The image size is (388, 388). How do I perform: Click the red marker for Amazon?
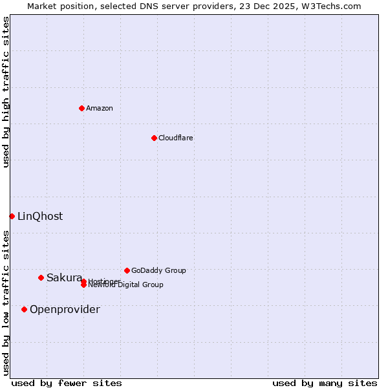pos(81,108)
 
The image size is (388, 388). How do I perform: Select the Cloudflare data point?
pos(154,138)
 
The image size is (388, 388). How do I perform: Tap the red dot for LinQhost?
pos(12,216)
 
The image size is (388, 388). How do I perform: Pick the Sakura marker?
pos(41,277)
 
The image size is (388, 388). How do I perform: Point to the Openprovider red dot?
pos(24,309)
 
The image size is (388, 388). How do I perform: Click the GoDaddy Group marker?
pos(127,270)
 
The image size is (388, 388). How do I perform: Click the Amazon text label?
pos(100,108)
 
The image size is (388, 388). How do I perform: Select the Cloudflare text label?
pos(175,138)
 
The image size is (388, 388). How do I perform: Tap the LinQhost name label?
pos(40,216)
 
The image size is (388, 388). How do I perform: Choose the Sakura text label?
pos(64,277)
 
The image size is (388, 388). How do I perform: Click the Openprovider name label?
pos(65,309)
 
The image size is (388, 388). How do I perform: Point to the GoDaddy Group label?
pos(158,270)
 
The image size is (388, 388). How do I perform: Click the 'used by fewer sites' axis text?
pos(67,383)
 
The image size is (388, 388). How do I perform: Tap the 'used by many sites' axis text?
pos(325,383)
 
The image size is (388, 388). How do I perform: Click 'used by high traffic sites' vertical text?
pos(6,92)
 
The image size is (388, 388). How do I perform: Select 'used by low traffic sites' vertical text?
pos(6,302)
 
